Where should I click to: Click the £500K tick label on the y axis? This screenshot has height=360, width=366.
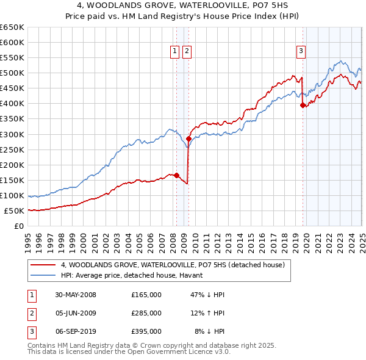coord(12,73)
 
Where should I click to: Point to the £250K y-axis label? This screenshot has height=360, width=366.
coord(12,149)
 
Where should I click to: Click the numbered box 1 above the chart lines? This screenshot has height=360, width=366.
coord(175,52)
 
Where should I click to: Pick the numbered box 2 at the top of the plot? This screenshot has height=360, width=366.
coord(186,52)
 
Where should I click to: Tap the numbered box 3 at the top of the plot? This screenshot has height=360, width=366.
coord(301,52)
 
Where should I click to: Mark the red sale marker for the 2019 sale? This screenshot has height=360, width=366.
coord(303,105)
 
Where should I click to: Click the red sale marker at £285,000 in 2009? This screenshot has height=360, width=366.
coord(188,139)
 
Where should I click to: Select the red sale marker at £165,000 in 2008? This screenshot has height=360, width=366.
coord(177,176)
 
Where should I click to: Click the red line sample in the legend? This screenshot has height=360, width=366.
coord(43,265)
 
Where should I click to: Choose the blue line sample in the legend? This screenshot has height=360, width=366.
coord(43,276)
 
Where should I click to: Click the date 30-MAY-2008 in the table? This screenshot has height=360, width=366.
coord(76,295)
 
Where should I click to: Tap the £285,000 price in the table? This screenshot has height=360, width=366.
coord(146,314)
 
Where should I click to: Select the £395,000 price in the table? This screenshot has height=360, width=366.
coord(146,333)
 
